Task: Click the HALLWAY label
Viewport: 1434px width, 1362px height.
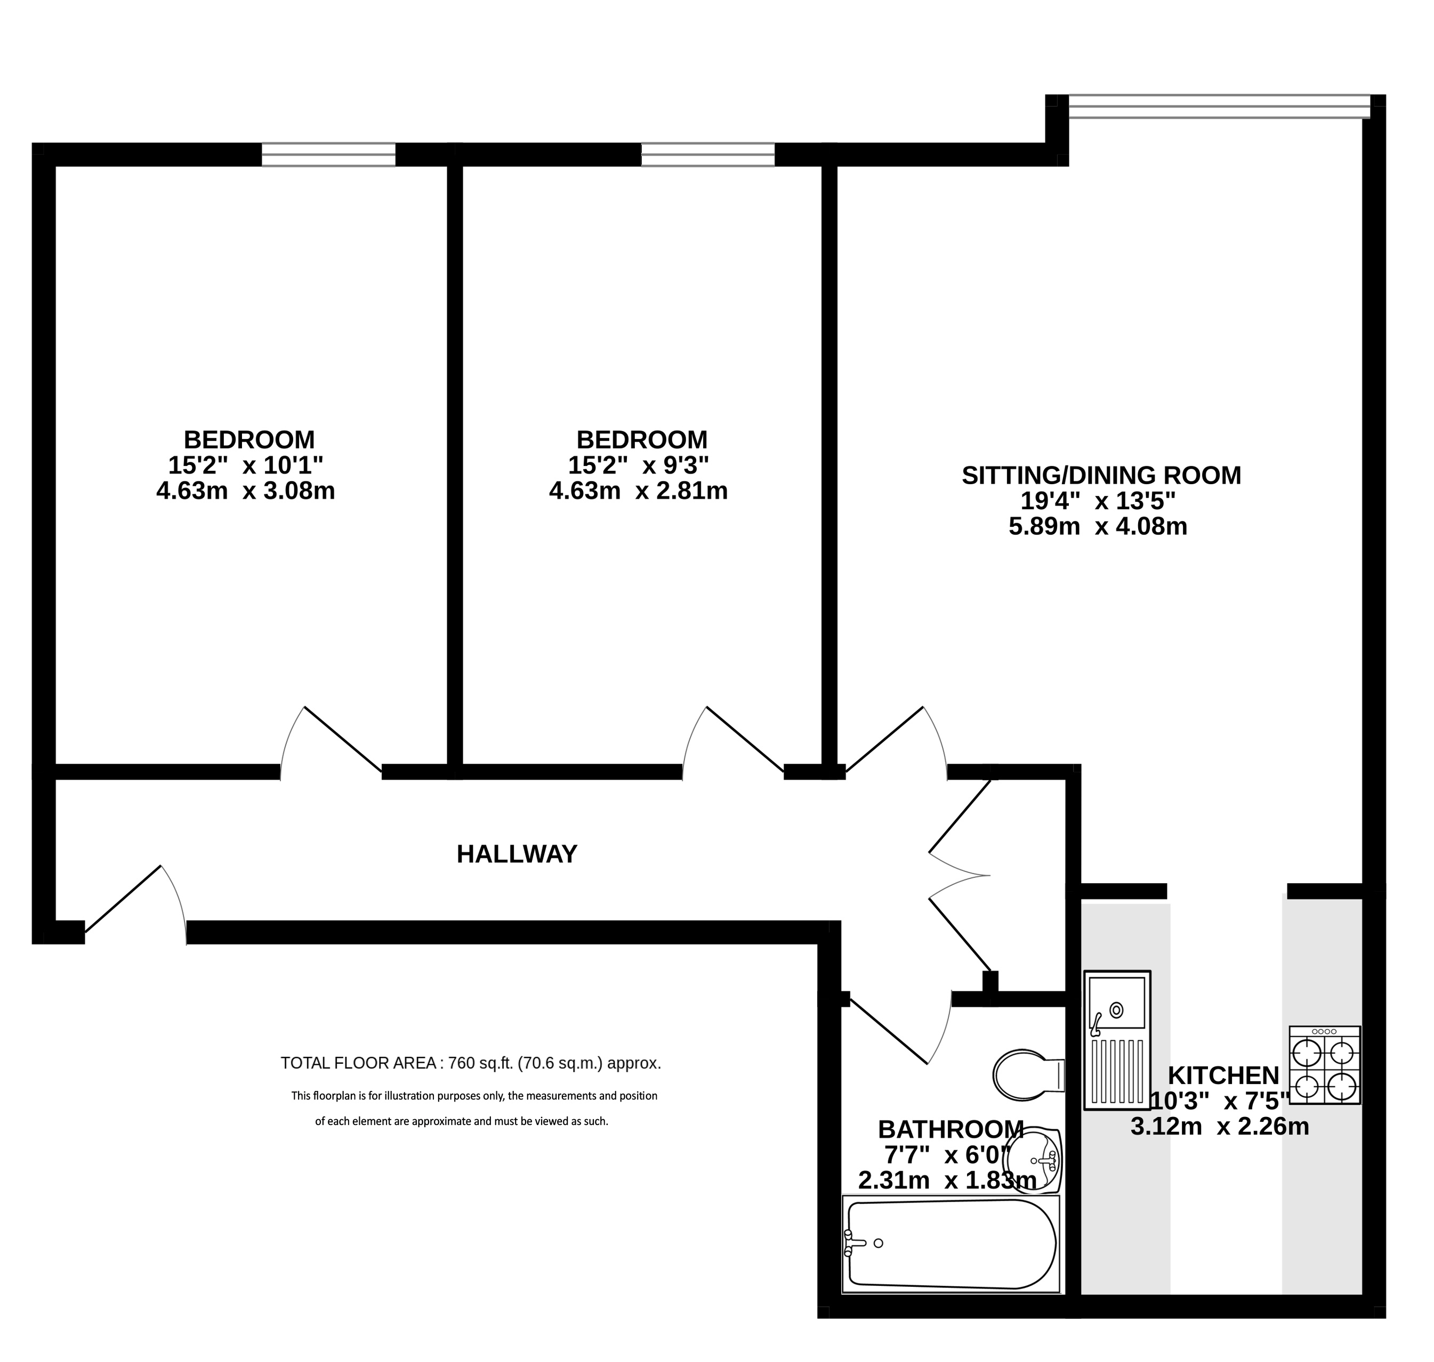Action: [517, 854]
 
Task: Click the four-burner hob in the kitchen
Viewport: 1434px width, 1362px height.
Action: [1324, 1065]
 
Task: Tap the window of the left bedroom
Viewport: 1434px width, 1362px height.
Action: [328, 154]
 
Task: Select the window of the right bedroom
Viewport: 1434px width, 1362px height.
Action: [707, 154]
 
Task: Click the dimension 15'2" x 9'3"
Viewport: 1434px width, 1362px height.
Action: [639, 464]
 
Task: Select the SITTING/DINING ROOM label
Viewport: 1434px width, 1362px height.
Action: [1101, 476]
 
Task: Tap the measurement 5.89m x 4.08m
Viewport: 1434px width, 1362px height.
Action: [1098, 526]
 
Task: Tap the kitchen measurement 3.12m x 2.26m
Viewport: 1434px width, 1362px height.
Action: [1220, 1127]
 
